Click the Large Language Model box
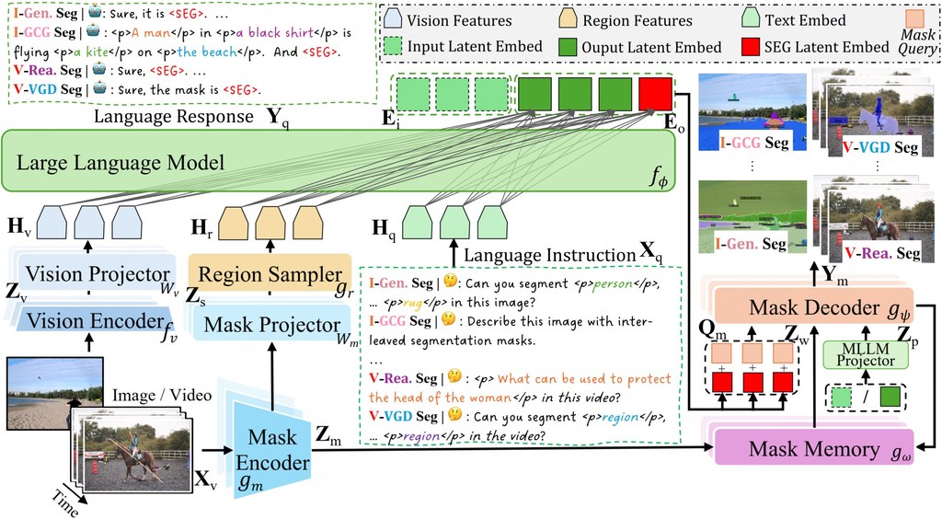[x=339, y=162]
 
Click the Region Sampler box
[x=270, y=274]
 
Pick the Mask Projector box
[x=271, y=324]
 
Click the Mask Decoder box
[x=813, y=307]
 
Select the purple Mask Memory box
[x=813, y=448]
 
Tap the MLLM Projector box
[x=865, y=355]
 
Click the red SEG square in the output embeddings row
[x=655, y=94]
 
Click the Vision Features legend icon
[x=392, y=19]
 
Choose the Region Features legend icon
[x=568, y=20]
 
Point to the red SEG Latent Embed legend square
[x=751, y=46]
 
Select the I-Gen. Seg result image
[x=752, y=216]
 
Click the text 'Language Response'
[x=174, y=116]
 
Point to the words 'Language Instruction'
[x=550, y=255]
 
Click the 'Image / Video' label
[x=162, y=396]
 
